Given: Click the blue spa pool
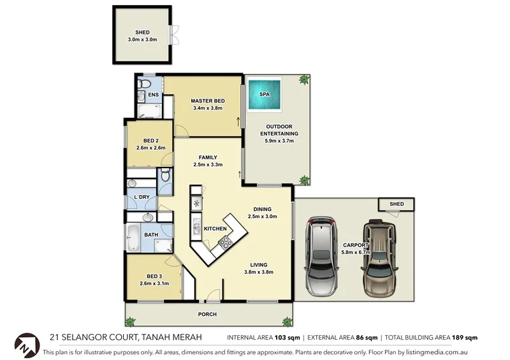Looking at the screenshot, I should pyautogui.click(x=264, y=94).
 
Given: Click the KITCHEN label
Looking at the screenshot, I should pyautogui.click(x=215, y=228).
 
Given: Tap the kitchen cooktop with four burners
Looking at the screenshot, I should pyautogui.click(x=225, y=242).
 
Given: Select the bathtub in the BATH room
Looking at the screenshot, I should pyautogui.click(x=134, y=238).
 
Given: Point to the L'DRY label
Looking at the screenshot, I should pyautogui.click(x=142, y=197).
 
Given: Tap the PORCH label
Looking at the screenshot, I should pyautogui.click(x=207, y=314).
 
